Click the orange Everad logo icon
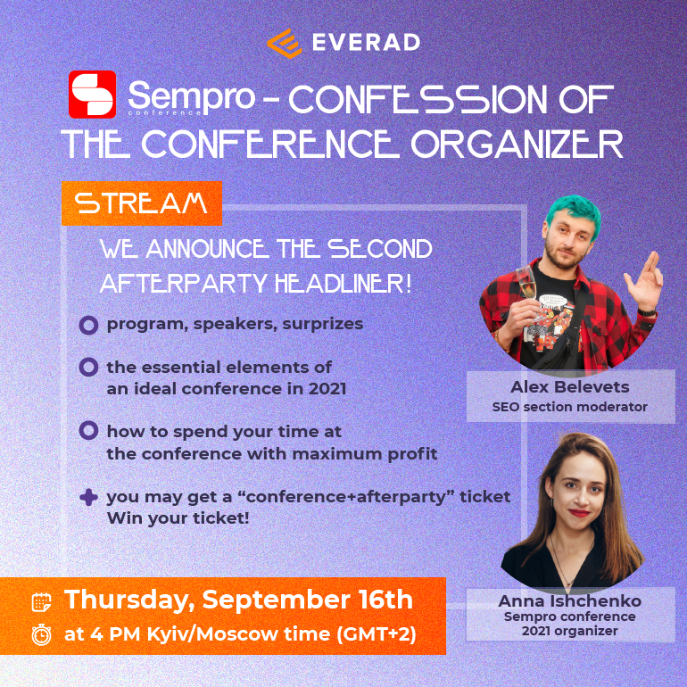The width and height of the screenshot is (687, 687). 285,44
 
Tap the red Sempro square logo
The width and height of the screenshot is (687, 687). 93,95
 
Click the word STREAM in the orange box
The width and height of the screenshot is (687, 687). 141,203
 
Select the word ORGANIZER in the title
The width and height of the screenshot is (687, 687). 517,145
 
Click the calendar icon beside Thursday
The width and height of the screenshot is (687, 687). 42,601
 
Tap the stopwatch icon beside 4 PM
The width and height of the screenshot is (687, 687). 42,634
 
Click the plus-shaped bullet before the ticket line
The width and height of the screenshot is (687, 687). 88,497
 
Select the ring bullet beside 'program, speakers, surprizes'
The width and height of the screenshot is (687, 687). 88,325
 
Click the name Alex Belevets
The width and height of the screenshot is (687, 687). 569,387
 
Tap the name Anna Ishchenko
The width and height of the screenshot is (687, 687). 569,600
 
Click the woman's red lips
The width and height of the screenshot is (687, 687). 579,513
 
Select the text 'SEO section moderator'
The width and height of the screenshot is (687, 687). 569,407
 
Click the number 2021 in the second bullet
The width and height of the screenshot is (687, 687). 327,389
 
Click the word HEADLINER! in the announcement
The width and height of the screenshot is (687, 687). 343,284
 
